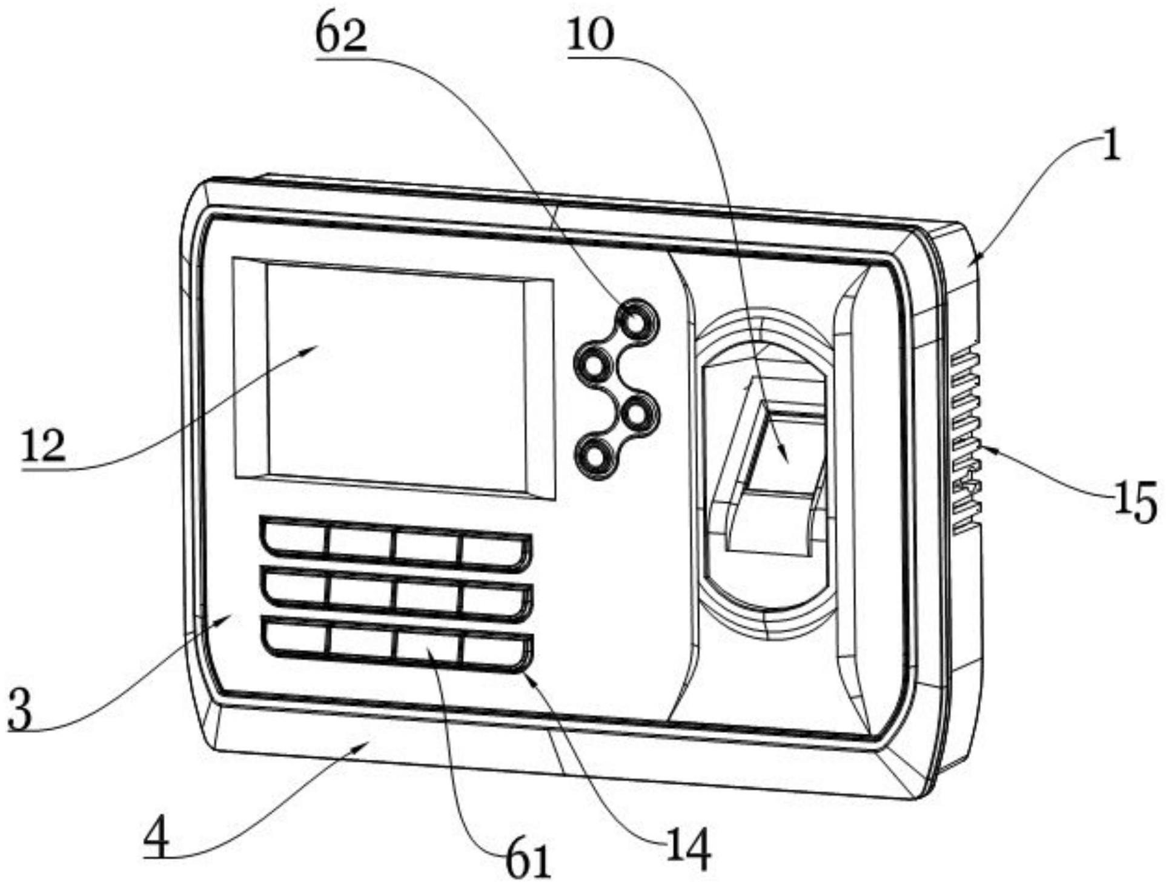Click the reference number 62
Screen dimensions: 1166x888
(341, 37)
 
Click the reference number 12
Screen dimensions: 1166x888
(44, 446)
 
